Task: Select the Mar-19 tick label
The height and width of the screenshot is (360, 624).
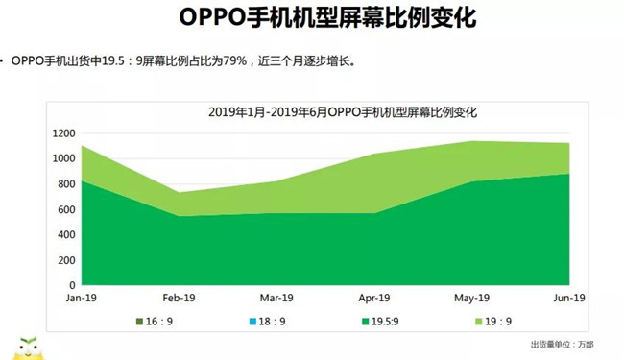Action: click(276, 298)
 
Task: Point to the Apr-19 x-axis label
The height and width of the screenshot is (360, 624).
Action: click(374, 298)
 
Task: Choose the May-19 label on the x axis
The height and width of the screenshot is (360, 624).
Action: click(473, 298)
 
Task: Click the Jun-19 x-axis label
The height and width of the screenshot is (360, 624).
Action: click(570, 298)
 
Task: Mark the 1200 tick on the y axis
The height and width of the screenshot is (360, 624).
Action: click(63, 133)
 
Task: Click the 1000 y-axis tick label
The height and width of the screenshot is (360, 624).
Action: click(63, 158)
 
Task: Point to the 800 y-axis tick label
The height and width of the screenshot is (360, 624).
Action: click(66, 184)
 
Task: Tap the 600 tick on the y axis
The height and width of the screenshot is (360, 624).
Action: click(66, 209)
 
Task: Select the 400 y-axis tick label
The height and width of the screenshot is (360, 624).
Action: click(66, 235)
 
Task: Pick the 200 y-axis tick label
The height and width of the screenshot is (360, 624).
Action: click(66, 260)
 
